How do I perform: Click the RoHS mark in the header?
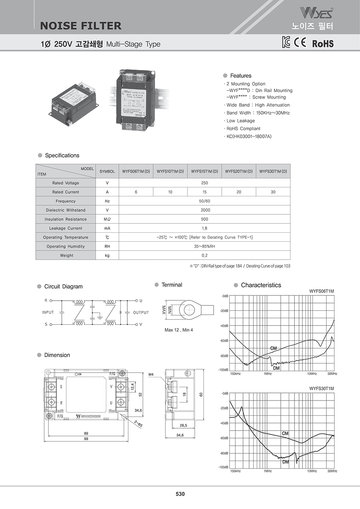(323, 43)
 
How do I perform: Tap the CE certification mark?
(300, 42)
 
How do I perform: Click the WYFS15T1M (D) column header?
(205, 171)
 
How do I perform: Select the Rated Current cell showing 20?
(239, 192)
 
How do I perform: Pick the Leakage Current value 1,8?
(205, 228)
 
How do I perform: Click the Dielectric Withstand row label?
(66, 210)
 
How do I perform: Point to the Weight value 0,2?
(205, 255)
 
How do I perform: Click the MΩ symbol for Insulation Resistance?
(107, 219)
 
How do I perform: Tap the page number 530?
(180, 494)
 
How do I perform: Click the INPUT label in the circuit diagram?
(48, 312)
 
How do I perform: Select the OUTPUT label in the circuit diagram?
(141, 313)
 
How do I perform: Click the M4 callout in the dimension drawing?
(151, 375)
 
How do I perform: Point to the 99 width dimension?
(86, 439)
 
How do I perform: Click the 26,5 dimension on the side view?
(183, 426)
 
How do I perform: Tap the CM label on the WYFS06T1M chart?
(274, 348)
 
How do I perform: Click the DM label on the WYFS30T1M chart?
(286, 462)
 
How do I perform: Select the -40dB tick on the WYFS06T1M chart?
(224, 326)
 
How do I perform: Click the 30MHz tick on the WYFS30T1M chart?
(332, 471)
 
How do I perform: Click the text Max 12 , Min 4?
(179, 330)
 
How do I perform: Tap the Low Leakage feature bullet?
(241, 121)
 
